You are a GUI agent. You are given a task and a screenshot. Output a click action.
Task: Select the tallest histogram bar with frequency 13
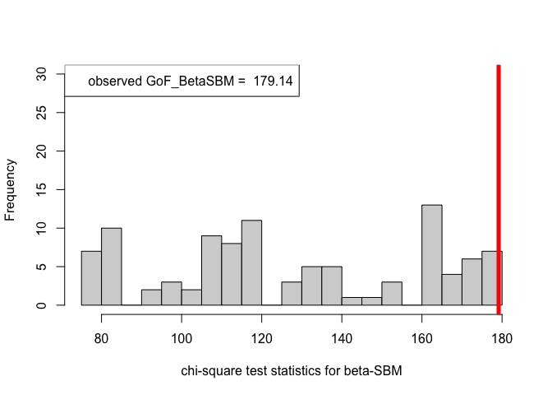pos(432,255)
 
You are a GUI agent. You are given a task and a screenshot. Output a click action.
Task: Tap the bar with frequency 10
pos(112,267)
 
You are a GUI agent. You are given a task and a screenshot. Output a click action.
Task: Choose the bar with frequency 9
pos(211,271)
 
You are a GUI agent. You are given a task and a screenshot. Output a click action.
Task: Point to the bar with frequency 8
pos(232,275)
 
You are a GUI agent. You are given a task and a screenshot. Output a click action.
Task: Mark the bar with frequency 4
pos(452,290)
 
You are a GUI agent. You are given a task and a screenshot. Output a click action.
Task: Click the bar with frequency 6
pos(471,282)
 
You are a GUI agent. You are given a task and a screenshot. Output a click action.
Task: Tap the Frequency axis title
pos(11,190)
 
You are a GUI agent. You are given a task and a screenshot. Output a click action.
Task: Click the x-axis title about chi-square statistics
pos(291,372)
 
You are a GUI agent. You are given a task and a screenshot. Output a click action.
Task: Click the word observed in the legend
pos(114,81)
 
